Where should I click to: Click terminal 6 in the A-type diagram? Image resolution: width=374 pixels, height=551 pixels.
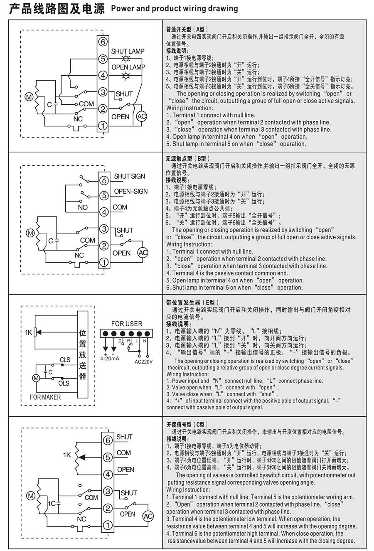tap(103, 42)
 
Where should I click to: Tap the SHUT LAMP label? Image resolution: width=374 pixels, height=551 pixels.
tap(128, 51)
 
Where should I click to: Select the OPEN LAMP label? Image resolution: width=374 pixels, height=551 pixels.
tap(128, 67)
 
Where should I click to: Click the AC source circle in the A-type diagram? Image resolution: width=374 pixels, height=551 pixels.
tap(142, 117)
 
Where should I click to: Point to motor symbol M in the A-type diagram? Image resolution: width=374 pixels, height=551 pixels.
tap(29, 97)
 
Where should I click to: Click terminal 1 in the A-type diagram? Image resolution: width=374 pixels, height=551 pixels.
tap(103, 125)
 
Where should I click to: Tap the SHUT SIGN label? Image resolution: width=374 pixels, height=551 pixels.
tap(130, 176)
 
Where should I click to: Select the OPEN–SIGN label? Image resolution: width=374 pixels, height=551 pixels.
tap(131, 192)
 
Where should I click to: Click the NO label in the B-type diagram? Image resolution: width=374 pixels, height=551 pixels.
tap(83, 207)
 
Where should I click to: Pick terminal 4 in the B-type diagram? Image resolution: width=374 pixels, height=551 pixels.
tap(104, 212)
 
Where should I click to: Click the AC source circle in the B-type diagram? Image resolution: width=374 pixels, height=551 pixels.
tap(143, 253)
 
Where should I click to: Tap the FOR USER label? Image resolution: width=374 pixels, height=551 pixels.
tap(127, 324)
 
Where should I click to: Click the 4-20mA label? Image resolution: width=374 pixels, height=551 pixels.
tap(110, 358)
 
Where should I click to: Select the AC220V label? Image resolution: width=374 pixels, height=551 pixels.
tap(144, 362)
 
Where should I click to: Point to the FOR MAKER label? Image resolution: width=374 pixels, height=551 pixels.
tap(45, 397)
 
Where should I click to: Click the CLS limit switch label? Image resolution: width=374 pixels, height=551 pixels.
tap(65, 360)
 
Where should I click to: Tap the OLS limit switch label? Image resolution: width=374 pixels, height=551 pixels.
tap(64, 383)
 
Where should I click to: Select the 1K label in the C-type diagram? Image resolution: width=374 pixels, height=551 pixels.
tap(67, 455)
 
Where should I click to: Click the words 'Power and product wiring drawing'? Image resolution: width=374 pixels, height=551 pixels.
tap(175, 8)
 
